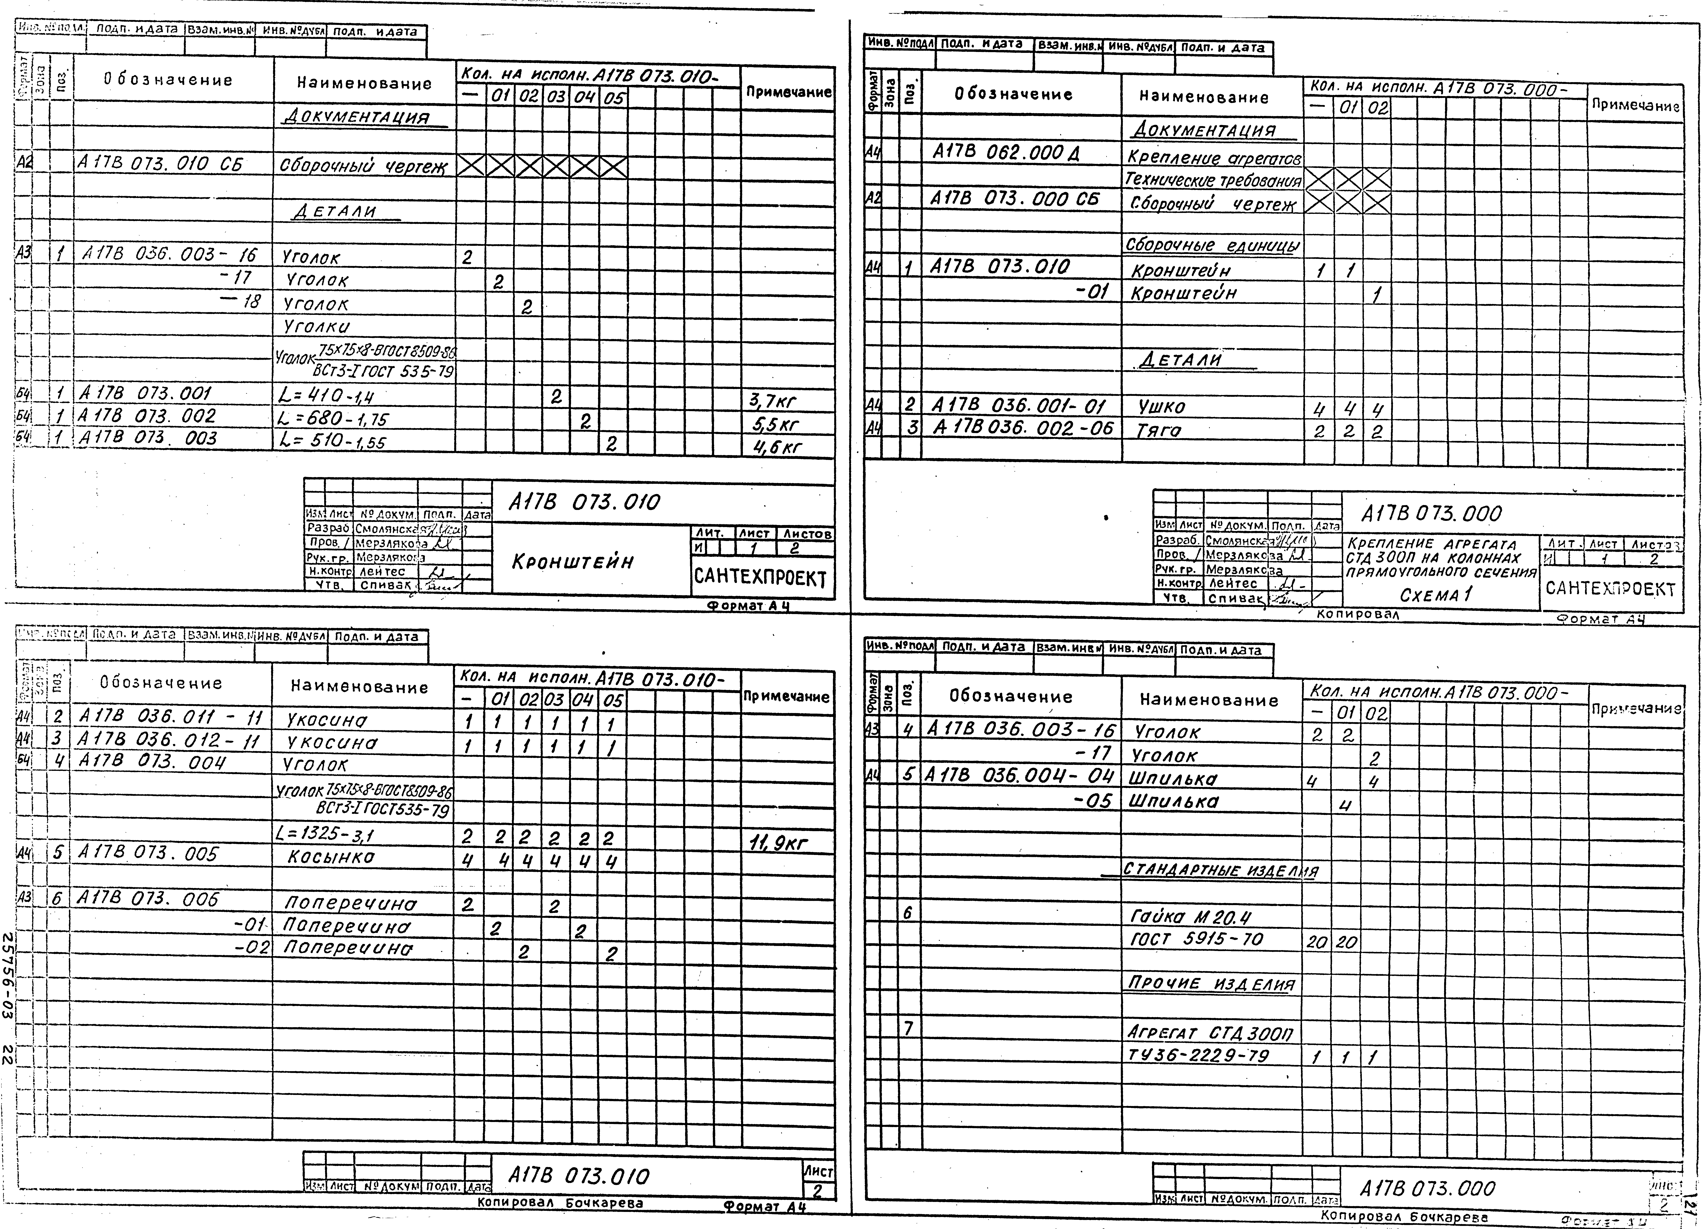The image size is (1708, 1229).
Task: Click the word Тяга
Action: click(1160, 431)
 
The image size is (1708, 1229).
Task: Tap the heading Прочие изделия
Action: click(1211, 984)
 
